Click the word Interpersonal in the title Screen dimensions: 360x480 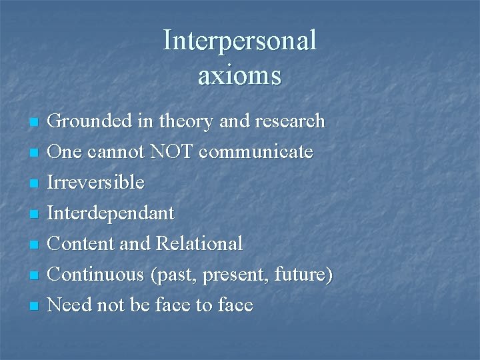coord(239,41)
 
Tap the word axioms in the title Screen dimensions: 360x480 coord(239,76)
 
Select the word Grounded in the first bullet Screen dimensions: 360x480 coord(90,121)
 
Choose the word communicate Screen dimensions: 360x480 coord(256,152)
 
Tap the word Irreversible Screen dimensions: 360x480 coord(97,183)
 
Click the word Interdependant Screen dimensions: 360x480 coord(111,213)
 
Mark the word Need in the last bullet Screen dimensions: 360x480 coord(70,305)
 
